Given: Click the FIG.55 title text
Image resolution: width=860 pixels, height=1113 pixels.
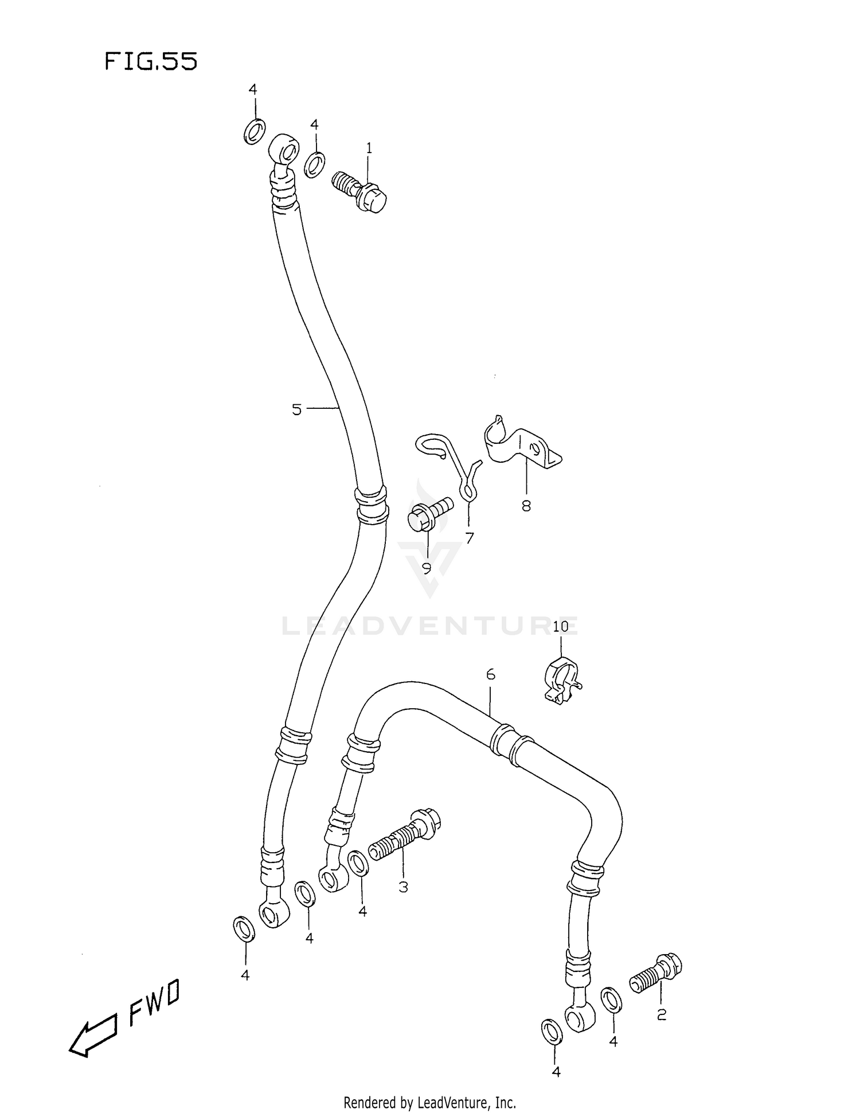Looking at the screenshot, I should coord(151,61).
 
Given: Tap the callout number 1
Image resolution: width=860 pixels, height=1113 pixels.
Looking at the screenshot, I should coord(369,149).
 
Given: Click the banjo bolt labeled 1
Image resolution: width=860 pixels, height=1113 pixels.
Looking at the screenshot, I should coord(361,192).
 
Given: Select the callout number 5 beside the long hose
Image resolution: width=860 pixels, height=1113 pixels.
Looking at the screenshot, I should coord(296,409).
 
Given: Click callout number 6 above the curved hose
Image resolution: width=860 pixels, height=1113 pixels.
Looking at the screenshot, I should coord(491,675).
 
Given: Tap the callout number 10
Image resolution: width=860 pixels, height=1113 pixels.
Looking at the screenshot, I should coord(560,626).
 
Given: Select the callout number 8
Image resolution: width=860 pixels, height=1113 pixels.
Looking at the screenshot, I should coord(526,506).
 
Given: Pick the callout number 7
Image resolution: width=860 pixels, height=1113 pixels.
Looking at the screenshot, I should coord(470,538).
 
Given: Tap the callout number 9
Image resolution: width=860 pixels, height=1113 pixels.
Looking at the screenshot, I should coord(427,568).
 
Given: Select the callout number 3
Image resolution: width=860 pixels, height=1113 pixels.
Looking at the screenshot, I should coord(403,887).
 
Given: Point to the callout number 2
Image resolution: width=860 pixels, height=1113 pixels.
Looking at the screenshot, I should coord(661,1015).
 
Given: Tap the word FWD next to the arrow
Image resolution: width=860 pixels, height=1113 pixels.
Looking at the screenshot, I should coord(154,1001).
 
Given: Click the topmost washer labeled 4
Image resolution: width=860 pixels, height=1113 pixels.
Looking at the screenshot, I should coord(255,131).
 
